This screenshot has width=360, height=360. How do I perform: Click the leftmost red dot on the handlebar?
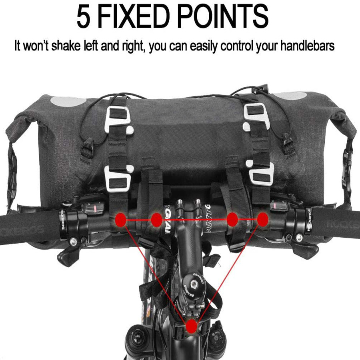121,219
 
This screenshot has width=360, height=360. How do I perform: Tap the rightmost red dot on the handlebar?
262,219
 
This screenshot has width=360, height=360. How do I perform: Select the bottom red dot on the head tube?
192,326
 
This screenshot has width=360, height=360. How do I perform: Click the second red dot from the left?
156,219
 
